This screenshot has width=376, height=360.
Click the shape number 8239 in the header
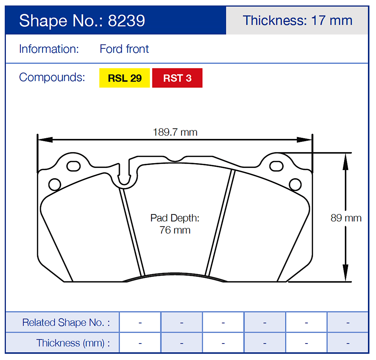127,21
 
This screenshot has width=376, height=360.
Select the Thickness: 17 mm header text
297,20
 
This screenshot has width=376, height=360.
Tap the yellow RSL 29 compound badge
124,78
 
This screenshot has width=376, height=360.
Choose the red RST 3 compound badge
177,78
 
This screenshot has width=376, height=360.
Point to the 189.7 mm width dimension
175,132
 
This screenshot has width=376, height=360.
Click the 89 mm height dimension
346,218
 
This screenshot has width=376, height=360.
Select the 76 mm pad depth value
175,230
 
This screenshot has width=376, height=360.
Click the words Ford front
124,49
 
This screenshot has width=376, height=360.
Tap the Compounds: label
52,78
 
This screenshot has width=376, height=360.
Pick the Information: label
49,49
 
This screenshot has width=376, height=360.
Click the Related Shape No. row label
66,323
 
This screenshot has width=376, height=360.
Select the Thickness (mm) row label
73,343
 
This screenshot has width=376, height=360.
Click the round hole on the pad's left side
54,184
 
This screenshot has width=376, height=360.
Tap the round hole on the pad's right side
295,184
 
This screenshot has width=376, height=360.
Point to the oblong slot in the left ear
73,165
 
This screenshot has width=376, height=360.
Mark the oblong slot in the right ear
276,166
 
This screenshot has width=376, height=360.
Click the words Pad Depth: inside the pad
175,218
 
